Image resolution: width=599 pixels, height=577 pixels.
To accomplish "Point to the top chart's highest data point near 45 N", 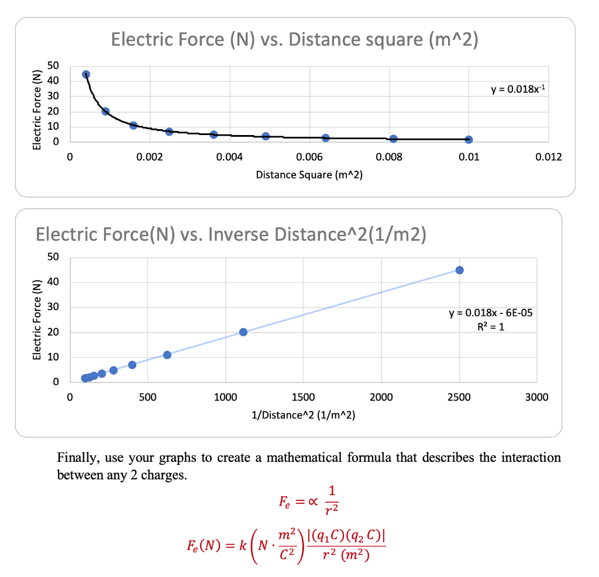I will pos(86,74).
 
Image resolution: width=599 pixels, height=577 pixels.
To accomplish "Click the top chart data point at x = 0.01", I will pos(469,140).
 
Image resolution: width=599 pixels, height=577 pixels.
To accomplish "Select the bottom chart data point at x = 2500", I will pos(459,270).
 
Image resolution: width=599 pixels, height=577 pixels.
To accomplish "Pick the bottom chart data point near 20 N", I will pos(243,332).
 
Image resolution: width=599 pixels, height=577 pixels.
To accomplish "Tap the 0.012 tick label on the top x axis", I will pos(548,157).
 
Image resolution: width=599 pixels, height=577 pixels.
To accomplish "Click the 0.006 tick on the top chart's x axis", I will pos(309,157).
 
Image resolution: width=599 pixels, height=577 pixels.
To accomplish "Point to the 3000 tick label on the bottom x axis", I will pos(537,398).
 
